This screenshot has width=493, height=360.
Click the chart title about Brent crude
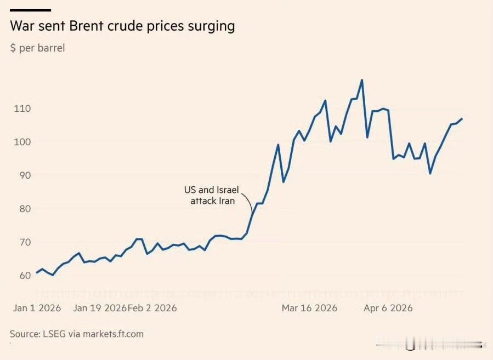click(x=122, y=26)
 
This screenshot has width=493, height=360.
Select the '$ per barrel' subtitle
click(x=37, y=48)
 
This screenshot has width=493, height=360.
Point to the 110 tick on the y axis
click(x=22, y=108)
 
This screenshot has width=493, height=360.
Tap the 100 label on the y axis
click(x=22, y=142)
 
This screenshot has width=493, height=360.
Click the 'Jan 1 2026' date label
click(x=37, y=308)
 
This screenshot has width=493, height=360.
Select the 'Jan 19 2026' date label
click(x=100, y=308)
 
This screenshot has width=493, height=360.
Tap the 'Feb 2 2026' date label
click(x=152, y=308)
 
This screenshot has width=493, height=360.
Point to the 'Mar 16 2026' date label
click(x=309, y=308)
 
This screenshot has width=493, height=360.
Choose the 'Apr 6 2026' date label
click(x=388, y=308)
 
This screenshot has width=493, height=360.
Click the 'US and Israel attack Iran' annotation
click(x=213, y=196)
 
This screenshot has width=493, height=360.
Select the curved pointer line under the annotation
click(x=249, y=203)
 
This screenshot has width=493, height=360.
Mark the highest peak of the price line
click(x=362, y=80)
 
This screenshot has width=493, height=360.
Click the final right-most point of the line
click(x=462, y=118)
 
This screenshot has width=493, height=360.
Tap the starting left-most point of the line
click(x=37, y=272)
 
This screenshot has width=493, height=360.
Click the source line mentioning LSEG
click(x=77, y=333)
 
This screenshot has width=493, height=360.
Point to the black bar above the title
click(x=31, y=10)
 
